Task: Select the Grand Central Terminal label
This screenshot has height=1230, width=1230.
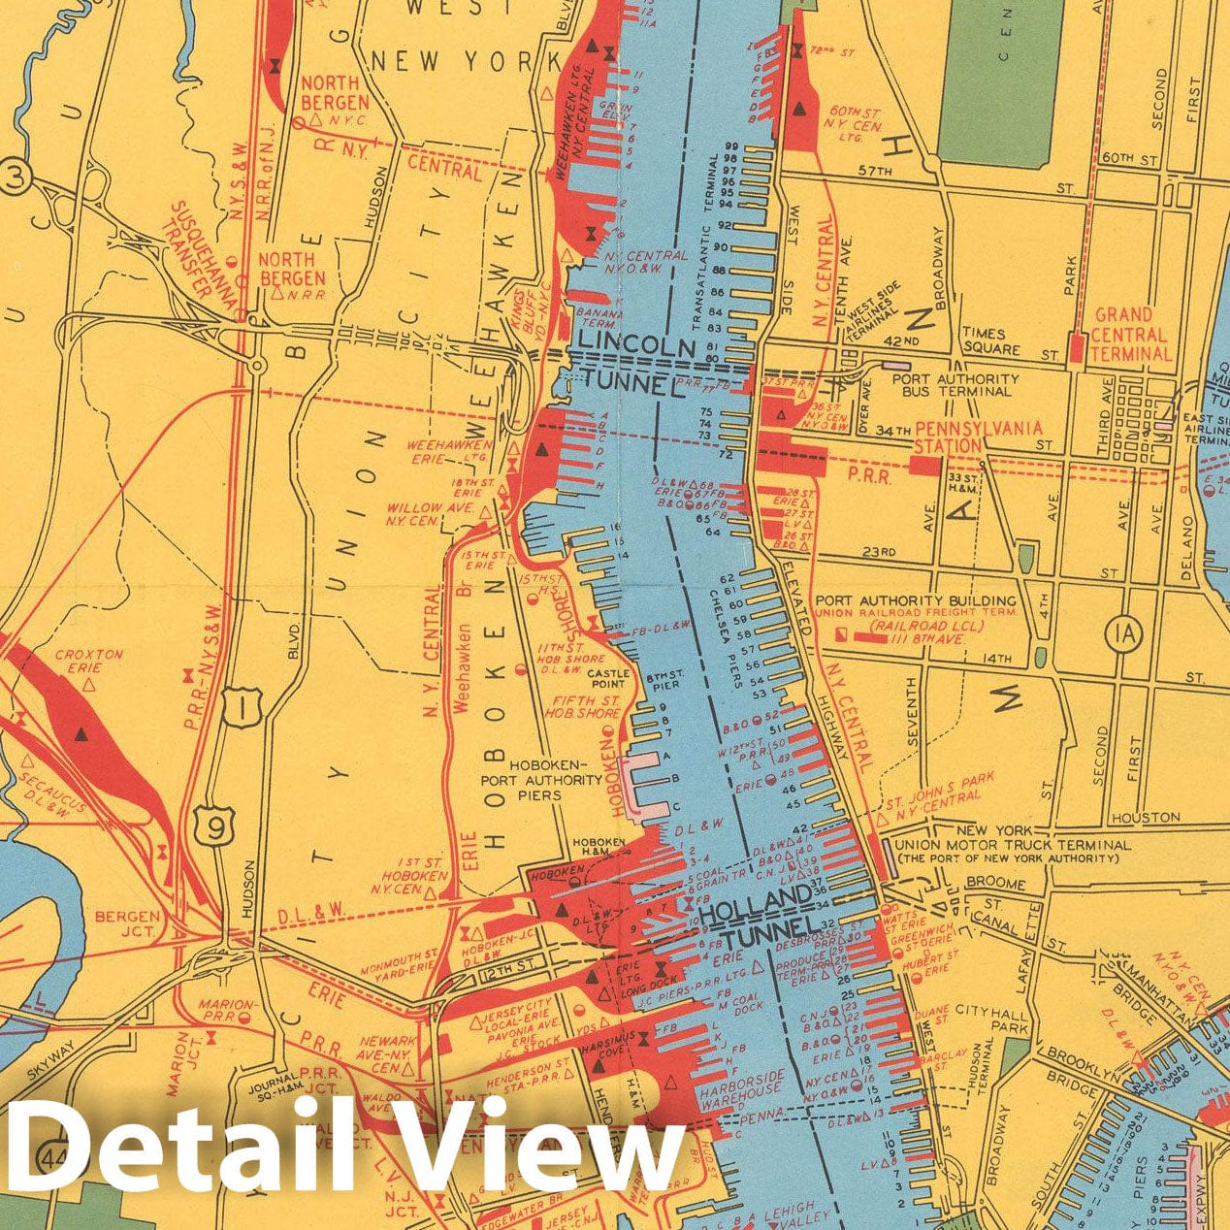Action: click(x=1131, y=335)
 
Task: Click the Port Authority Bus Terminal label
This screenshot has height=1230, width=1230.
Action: click(x=955, y=388)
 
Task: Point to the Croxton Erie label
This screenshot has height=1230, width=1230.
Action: click(x=89, y=662)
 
